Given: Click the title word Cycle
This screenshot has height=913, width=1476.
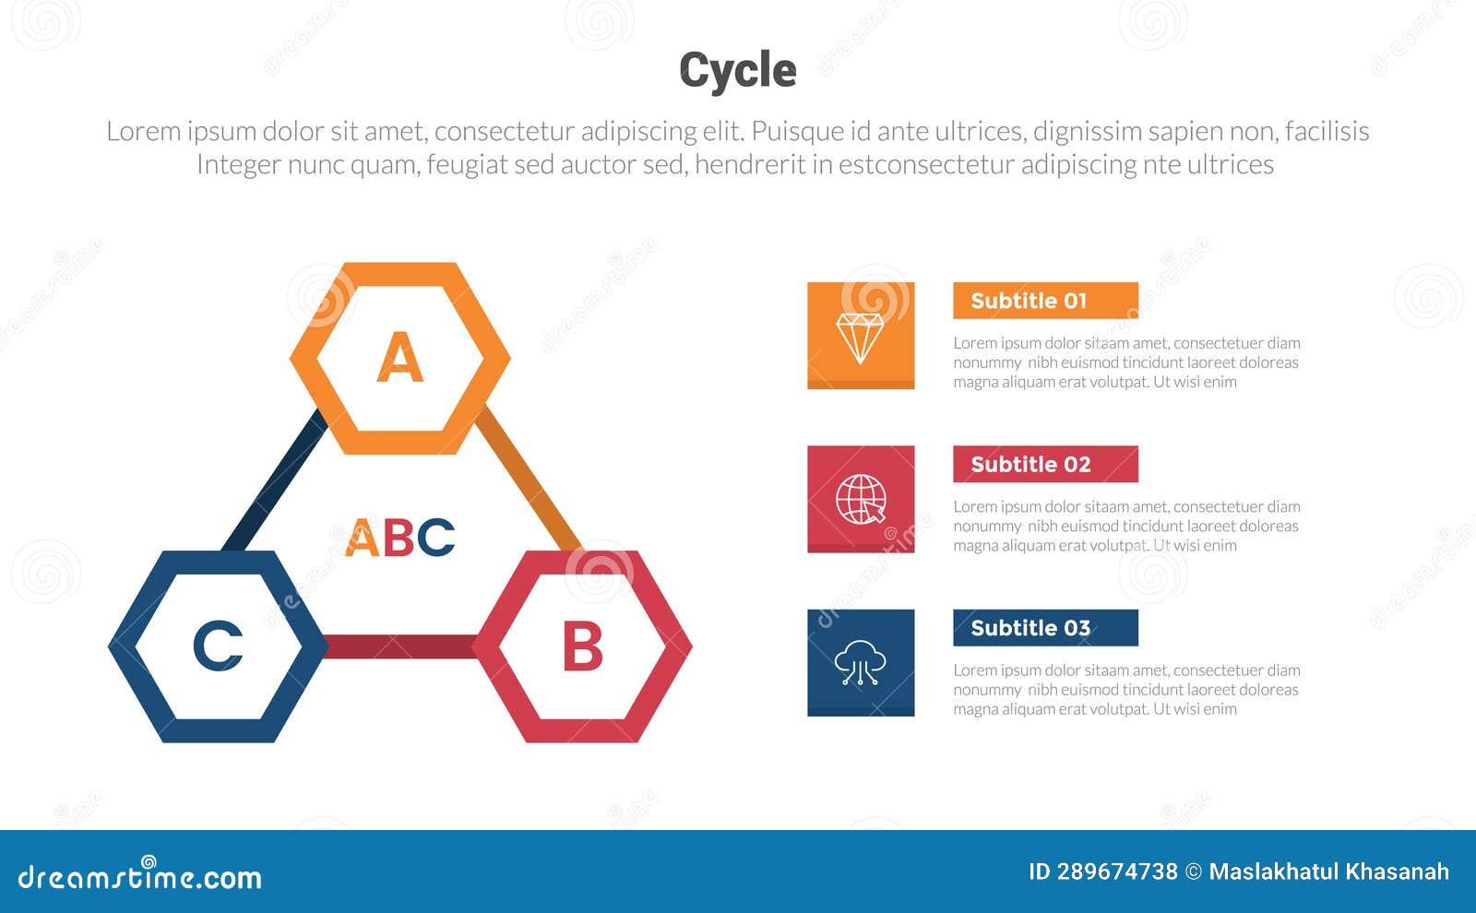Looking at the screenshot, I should pos(737,70).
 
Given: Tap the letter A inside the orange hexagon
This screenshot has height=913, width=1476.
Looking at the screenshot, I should pos(399,358).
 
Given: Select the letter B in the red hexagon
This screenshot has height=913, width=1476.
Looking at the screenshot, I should pos(582,646).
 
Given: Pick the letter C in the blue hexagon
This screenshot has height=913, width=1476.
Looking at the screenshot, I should pos(218,646).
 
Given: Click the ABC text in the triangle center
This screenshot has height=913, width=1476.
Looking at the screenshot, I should pos(399,538).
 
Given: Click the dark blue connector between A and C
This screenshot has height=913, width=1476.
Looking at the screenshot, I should pos(274,481).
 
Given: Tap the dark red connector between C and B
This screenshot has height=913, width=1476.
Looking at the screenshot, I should pos(399,646).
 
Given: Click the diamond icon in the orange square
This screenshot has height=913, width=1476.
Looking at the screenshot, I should pos(860,337).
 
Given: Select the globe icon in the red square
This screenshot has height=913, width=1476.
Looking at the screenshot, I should pos(860,500).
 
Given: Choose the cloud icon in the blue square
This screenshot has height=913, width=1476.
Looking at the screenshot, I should pos(860,662).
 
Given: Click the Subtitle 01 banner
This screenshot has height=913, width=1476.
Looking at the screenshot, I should pos(1044,301).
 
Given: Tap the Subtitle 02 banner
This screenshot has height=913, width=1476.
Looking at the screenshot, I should pos(1044,464).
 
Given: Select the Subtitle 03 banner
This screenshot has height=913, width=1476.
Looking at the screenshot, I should pos(1044,628).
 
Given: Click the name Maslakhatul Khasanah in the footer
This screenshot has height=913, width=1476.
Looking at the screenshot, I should pos(1328,871).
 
